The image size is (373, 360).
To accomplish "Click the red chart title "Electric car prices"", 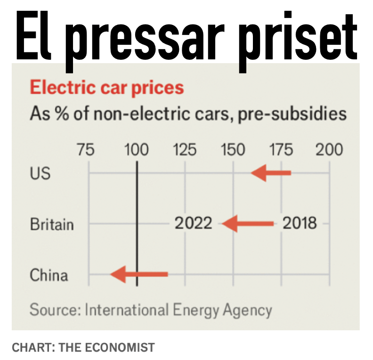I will coord(106,88).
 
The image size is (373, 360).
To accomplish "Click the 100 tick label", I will coord(136,150).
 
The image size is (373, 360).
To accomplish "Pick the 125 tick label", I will coord(185,150).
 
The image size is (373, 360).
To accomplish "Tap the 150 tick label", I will coord(233,150).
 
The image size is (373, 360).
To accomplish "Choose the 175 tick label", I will coord(281,150).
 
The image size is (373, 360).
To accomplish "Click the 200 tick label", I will coord(329,150).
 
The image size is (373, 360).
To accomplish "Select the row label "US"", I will coord(40,174).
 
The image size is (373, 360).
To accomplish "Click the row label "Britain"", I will coord(52,224).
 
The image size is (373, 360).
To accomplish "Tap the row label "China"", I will coord(49,275).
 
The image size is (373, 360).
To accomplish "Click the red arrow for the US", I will coord(271,173).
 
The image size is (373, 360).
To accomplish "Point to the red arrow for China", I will coord(139,273).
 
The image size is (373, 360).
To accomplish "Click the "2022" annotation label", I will coord(194,223).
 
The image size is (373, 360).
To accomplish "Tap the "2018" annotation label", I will coord(300,223).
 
